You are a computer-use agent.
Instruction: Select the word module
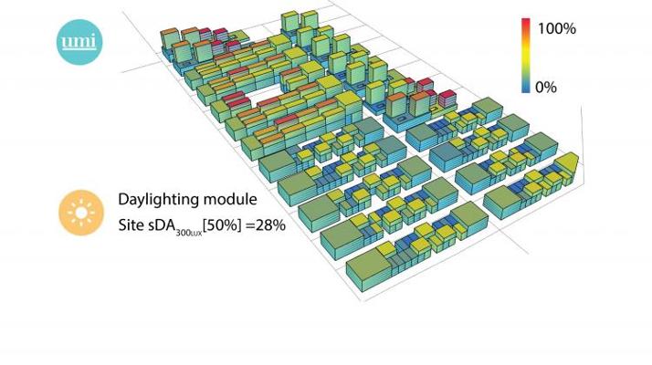229,200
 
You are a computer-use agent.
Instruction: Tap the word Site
131,224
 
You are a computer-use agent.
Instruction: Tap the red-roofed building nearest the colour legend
447,97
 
